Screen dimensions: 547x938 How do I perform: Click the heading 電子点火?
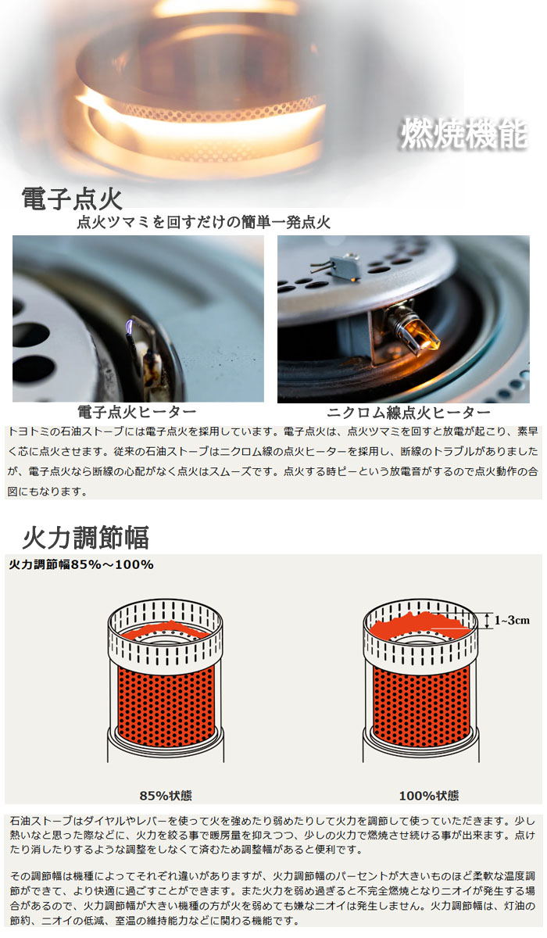tap(72, 198)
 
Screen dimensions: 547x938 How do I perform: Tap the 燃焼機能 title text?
tap(464, 134)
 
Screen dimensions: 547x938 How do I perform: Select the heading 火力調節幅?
tap(85, 537)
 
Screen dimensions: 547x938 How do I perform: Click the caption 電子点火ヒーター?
tap(137, 412)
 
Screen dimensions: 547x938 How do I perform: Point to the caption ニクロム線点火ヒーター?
tap(409, 413)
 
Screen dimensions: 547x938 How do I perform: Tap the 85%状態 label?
tap(166, 795)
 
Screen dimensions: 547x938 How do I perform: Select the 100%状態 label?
tap(429, 795)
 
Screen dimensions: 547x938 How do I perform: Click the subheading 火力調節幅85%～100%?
tap(81, 564)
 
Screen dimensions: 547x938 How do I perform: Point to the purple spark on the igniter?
tap(130, 326)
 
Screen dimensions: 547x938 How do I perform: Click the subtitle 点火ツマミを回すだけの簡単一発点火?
tap(203, 222)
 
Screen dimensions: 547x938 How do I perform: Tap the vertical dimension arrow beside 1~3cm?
tap(487, 621)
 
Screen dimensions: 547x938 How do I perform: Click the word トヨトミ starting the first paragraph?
tap(28, 431)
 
